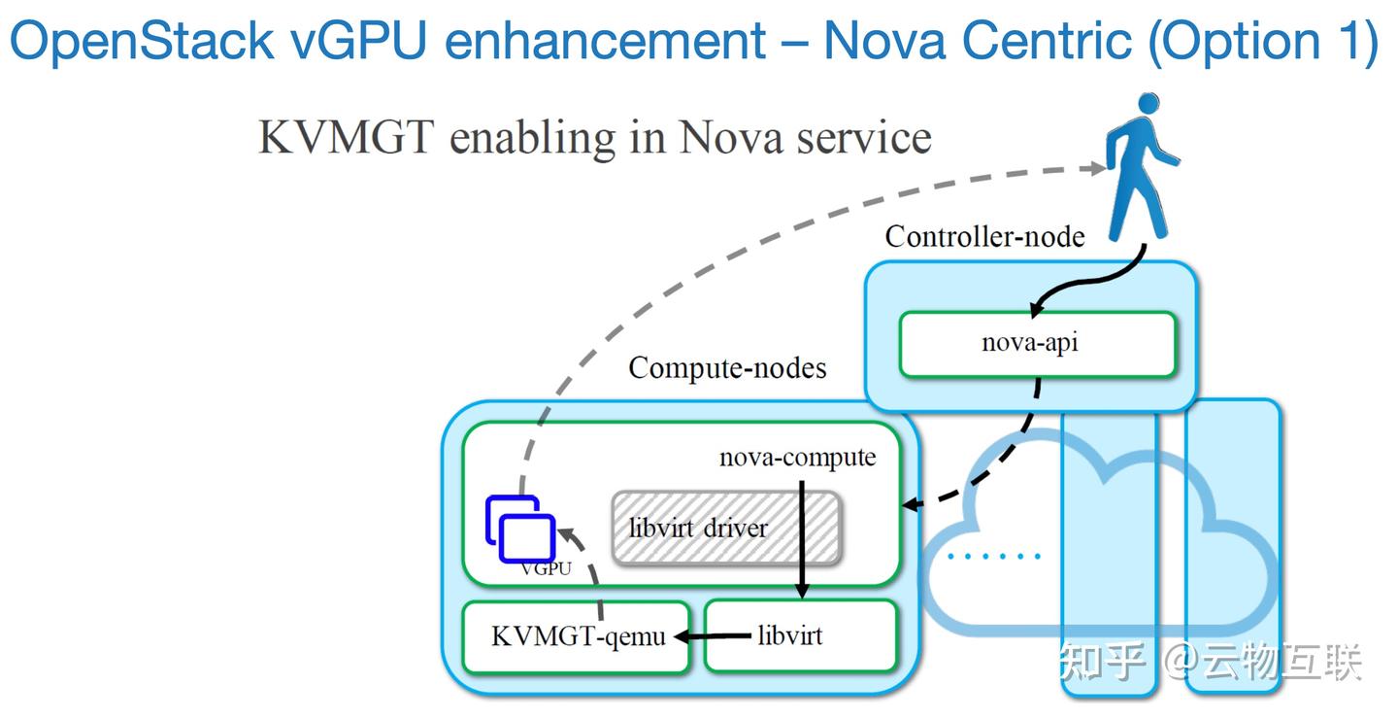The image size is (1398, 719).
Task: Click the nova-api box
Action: coord(1037,344)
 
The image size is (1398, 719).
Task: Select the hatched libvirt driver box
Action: coord(725,529)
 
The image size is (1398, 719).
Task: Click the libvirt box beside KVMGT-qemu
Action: coord(799,636)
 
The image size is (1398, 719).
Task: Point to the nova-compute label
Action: coord(797,458)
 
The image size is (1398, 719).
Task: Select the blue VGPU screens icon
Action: coord(520,530)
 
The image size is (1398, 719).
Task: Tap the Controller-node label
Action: coord(984,236)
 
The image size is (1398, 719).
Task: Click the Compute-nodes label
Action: coord(727,368)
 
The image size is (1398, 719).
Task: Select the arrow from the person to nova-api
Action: coord(1087,282)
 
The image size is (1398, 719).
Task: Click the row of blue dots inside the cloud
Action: coord(994,557)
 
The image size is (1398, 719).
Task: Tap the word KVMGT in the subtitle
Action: coord(346,138)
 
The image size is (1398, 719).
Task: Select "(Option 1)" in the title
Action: coord(1262,41)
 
